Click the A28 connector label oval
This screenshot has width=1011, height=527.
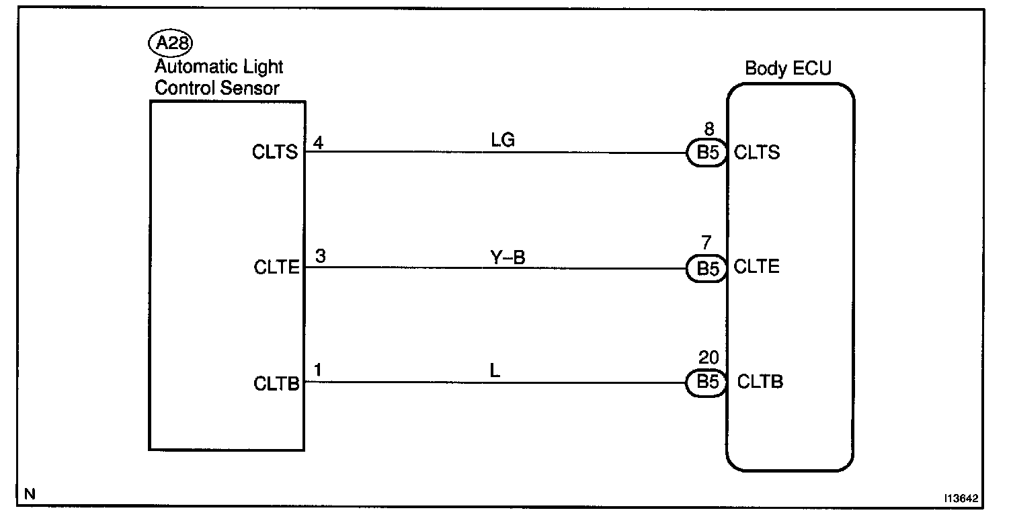click(171, 44)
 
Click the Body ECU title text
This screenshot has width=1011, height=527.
click(788, 69)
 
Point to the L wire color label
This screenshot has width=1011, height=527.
click(495, 371)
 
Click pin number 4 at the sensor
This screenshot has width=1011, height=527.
click(318, 142)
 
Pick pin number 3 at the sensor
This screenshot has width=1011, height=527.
click(320, 257)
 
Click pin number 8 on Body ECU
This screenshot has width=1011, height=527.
click(709, 129)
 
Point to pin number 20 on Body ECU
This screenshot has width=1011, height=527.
click(709, 358)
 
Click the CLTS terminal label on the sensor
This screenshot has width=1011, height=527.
click(276, 152)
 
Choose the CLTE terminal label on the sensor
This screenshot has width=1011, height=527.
click(276, 268)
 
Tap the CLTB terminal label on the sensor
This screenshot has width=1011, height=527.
click(276, 383)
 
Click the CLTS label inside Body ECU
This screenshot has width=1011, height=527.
click(757, 153)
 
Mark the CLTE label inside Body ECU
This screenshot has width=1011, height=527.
click(757, 268)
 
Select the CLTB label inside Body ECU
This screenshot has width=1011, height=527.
click(760, 382)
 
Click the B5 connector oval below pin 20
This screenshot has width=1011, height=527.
click(705, 383)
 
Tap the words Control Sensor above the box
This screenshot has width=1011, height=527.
click(217, 87)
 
